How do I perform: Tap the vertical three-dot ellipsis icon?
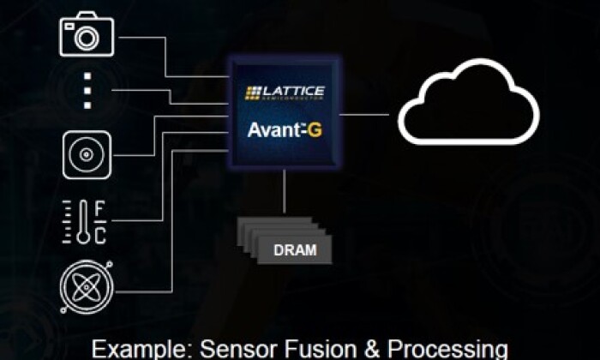pyautogui.click(x=86, y=90)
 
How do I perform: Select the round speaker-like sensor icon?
pyautogui.click(x=86, y=155)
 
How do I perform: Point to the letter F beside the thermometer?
pyautogui.click(x=99, y=209)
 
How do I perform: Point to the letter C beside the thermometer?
pyautogui.click(x=99, y=234)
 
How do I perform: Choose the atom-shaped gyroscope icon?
pyautogui.click(x=86, y=285)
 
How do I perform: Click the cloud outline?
pyautogui.click(x=467, y=111)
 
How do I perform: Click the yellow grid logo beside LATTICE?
pyautogui.click(x=254, y=92)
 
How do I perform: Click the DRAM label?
pyautogui.click(x=295, y=250)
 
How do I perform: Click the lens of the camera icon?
pyautogui.click(x=86, y=37)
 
